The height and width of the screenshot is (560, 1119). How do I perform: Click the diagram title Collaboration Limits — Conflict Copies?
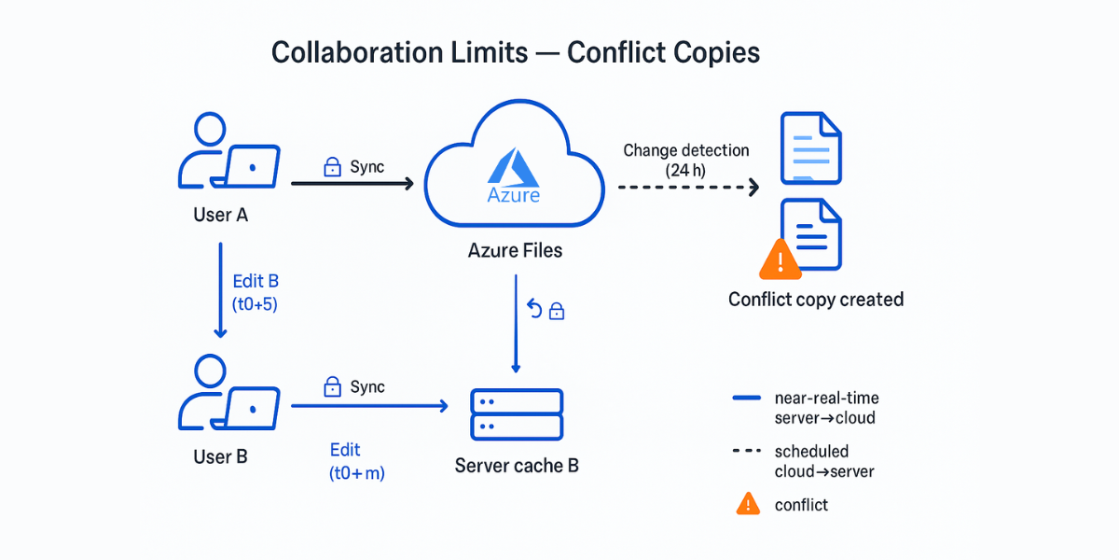pos(516,52)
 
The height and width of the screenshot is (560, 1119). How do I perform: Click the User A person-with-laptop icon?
pos(228,153)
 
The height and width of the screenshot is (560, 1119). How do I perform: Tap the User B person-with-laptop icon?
pos(228,396)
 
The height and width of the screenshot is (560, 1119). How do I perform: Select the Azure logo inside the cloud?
pos(513,177)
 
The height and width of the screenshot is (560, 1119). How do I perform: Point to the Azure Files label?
pos(515,251)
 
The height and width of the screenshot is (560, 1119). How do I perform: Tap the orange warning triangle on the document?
pos(781,259)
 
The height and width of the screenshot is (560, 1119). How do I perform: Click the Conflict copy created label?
pos(816,300)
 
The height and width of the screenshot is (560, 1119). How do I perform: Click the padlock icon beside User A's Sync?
pos(331,167)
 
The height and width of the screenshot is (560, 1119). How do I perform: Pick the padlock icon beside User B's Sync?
pos(331,386)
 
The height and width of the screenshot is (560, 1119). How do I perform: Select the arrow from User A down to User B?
pos(221,289)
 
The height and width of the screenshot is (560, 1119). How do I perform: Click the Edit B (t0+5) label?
pos(255,291)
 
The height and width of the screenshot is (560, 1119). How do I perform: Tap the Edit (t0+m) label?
pos(356,461)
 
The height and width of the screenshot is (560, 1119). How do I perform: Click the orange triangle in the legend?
pos(747,504)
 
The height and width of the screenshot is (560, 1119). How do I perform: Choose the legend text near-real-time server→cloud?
pos(824,408)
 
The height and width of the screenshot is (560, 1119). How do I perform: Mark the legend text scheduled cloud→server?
pos(824,461)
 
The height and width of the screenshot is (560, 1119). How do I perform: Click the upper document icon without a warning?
pos(809,147)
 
